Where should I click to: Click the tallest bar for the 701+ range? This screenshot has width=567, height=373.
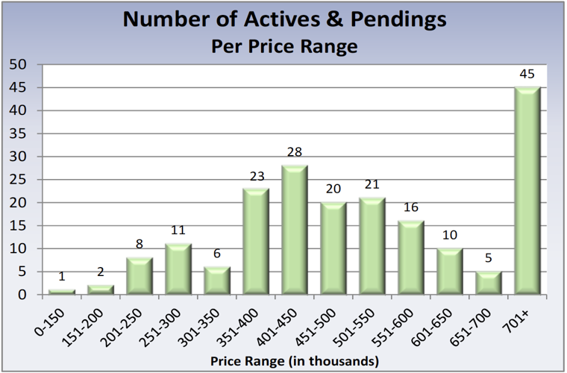[x=527, y=190]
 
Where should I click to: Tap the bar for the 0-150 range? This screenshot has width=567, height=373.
[x=62, y=292]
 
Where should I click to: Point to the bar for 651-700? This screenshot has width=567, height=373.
[x=488, y=283]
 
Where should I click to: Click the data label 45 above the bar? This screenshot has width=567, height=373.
[x=527, y=75]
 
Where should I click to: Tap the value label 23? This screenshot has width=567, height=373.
[x=256, y=177]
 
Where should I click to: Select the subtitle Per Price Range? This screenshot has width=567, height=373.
[x=284, y=46]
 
